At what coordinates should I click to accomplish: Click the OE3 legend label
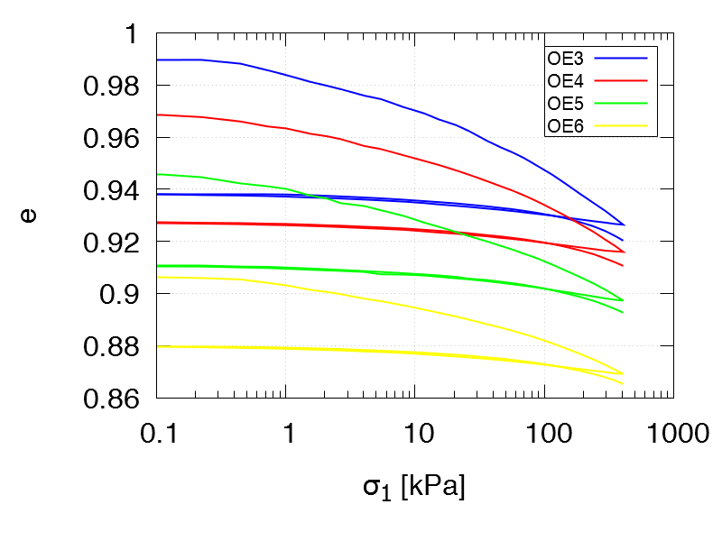[565, 59]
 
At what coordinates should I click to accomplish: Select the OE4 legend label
[565, 81]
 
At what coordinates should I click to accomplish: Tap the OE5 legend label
[565, 104]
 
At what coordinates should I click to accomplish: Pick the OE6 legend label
[565, 126]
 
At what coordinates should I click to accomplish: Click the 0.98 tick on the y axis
[114, 87]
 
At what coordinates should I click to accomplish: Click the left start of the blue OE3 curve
[159, 60]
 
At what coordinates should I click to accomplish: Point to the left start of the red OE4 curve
[159, 115]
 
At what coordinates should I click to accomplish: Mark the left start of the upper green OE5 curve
[159, 174]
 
